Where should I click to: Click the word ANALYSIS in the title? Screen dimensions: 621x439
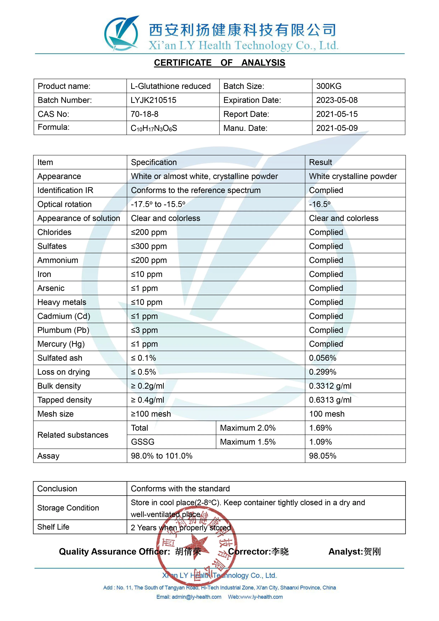pyautogui.click(x=263, y=63)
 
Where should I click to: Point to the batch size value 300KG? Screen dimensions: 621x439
pyautogui.click(x=329, y=86)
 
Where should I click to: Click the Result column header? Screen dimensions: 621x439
pyautogui.click(x=320, y=162)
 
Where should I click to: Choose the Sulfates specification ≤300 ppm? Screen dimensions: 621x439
pyautogui.click(x=149, y=246)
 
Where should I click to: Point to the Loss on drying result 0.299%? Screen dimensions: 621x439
pyautogui.click(x=323, y=372)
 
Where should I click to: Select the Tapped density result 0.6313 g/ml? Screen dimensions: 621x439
pyautogui.click(x=330, y=400)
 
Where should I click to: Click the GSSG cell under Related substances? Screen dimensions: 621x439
pyautogui.click(x=142, y=442)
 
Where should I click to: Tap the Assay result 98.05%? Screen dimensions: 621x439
pyautogui.click(x=323, y=456)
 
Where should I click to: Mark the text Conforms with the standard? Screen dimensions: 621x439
pyautogui.click(x=180, y=489)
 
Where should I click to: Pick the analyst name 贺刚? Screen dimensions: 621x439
pyautogui.click(x=372, y=552)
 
